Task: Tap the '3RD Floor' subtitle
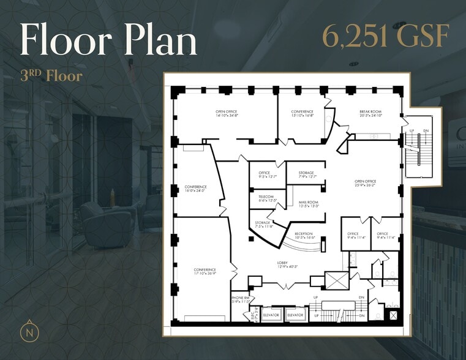pos(51,77)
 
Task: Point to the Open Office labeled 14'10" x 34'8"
pos(226,113)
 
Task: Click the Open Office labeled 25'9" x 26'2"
pos(365,183)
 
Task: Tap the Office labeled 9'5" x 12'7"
pos(264,175)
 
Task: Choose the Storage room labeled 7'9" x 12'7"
pos(306,175)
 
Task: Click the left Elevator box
pos(271,315)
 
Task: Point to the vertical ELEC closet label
pos(252,316)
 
